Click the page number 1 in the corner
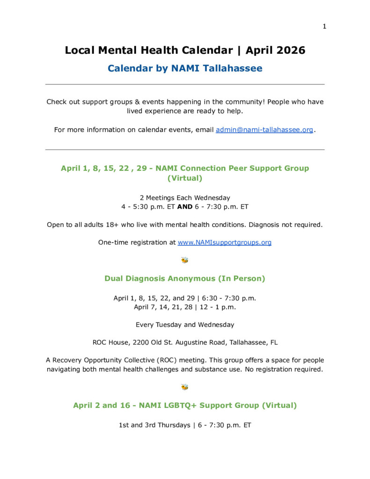point(324,26)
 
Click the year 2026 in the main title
point(289,50)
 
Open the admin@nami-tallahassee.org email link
point(264,130)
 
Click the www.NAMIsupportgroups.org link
point(225,242)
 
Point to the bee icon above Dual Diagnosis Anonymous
point(185,260)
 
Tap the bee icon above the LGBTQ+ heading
point(185,387)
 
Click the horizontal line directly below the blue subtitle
point(185,85)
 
